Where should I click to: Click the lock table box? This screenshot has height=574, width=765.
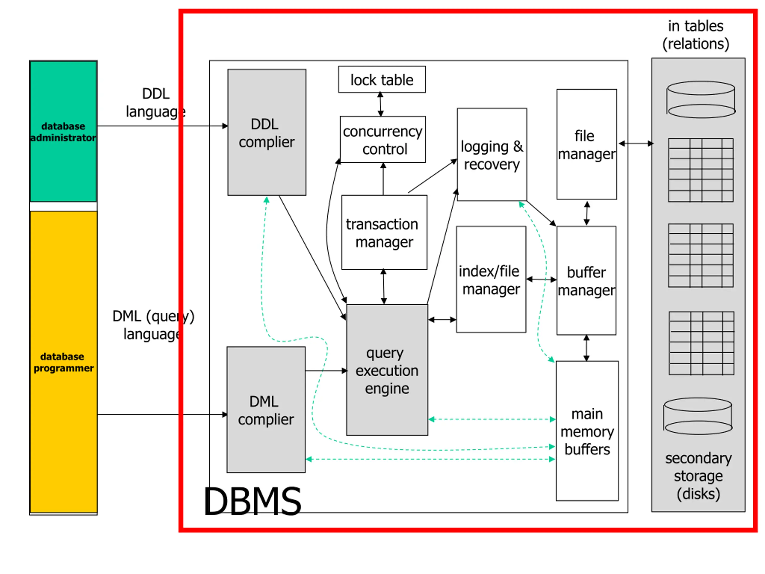click(382, 79)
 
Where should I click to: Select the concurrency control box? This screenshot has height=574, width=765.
click(382, 139)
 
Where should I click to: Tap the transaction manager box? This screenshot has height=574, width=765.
click(384, 233)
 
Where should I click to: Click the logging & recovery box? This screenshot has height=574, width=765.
click(492, 154)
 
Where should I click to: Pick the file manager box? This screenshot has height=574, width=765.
click(587, 144)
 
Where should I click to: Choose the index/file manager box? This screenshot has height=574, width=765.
click(491, 280)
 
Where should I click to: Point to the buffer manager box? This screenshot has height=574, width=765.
click(586, 281)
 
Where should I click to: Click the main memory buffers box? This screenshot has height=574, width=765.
click(587, 431)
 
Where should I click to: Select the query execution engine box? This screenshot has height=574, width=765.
click(387, 370)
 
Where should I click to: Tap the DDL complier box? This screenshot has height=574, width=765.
click(267, 132)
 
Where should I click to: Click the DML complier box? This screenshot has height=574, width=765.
click(266, 410)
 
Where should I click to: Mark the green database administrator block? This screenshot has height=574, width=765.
click(63, 131)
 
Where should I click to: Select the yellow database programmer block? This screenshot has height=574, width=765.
click(64, 362)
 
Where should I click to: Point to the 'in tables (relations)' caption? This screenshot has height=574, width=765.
click(696, 35)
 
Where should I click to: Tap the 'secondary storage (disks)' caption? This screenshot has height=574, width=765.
click(698, 476)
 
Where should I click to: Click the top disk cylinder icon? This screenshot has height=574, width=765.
click(701, 100)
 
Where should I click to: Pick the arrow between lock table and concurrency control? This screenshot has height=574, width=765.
click(380, 104)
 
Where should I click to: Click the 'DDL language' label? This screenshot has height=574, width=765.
click(156, 103)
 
